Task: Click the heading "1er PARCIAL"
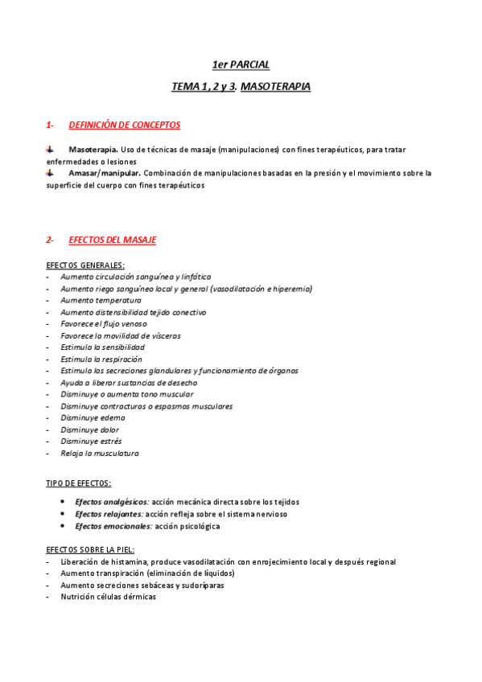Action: pos(241,64)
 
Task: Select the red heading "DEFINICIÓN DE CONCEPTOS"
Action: pos(125,125)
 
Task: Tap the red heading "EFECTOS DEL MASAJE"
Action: pos(113,240)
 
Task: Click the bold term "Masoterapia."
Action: pos(93,150)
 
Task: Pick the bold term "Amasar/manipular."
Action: pos(105,173)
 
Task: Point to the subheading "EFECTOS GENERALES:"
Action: pos(85,265)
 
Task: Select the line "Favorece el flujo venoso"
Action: pos(104,323)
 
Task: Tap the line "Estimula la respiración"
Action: pos(101,359)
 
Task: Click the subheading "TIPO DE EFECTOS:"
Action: pos(79,483)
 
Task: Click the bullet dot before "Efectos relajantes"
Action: pos(63,513)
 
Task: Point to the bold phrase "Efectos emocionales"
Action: pos(113,526)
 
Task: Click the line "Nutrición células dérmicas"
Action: pos(108,597)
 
